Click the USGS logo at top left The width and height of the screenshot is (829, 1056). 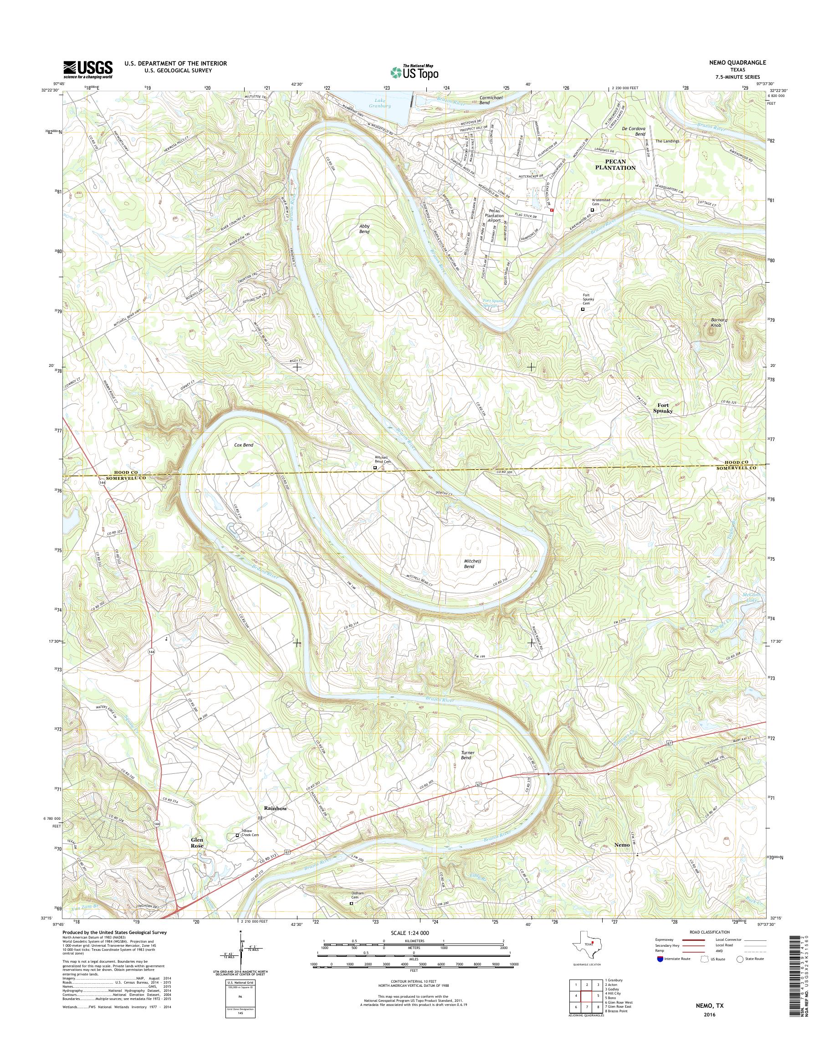[88, 69]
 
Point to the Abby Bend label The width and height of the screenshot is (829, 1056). [364, 229]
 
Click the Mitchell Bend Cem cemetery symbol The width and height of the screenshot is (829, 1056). [375, 468]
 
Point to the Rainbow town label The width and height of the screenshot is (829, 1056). [276, 808]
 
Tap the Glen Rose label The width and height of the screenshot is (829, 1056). [198, 842]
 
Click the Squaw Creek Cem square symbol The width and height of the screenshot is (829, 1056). [237, 835]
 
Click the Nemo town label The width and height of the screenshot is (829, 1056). [622, 844]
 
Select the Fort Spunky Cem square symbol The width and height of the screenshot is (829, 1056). [583, 309]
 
